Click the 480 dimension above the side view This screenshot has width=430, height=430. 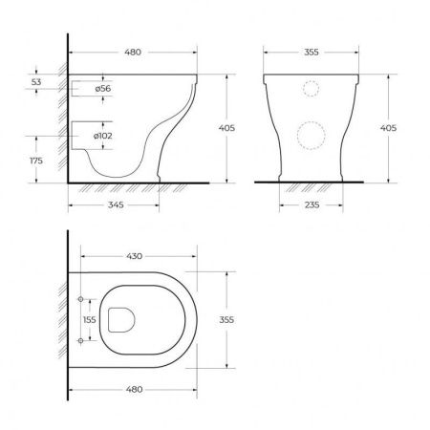[x=133, y=52]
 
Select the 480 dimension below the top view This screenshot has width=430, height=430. [x=134, y=389]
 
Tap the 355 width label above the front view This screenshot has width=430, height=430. [x=311, y=52]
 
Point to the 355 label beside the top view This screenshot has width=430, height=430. [x=226, y=319]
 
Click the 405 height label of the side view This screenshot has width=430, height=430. [x=226, y=128]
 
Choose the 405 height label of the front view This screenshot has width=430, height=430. [x=388, y=128]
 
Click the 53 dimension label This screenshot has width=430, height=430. [x=36, y=82]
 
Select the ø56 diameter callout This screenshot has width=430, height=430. [x=103, y=88]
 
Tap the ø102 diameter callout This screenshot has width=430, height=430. [x=103, y=136]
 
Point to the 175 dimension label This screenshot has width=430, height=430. [x=36, y=161]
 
